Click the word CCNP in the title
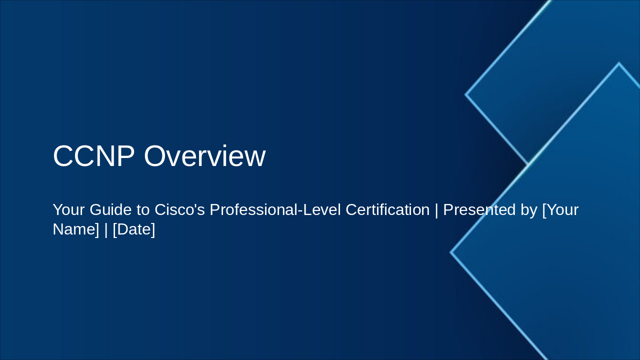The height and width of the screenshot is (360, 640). click(93, 156)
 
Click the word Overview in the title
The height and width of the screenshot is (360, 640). click(204, 156)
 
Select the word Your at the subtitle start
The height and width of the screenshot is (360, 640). click(68, 210)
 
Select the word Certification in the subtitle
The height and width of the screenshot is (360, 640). click(387, 210)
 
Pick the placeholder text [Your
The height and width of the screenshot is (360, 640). click(560, 210)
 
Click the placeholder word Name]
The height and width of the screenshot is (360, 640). click(76, 229)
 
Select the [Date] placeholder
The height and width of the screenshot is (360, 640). click(134, 229)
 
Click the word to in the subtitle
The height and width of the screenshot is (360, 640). click(143, 210)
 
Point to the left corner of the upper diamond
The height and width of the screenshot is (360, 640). click(466, 94)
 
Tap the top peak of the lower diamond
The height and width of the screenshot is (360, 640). click(619, 63)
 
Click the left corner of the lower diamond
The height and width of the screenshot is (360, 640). click(451, 252)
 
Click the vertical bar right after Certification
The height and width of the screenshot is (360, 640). click(436, 210)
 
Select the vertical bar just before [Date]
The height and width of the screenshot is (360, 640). click(106, 229)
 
